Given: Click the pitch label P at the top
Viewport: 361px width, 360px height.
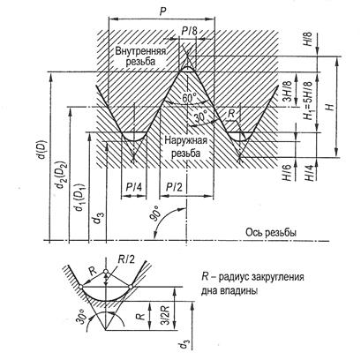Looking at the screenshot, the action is (162, 11).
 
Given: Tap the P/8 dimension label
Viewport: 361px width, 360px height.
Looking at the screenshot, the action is (189, 32).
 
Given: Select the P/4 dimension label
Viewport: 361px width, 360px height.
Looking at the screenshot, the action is (134, 187).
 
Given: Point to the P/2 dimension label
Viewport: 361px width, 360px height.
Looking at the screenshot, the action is (174, 187).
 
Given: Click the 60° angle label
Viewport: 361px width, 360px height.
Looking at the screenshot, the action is (189, 98).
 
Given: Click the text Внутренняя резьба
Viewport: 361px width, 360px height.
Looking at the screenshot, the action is (140, 56).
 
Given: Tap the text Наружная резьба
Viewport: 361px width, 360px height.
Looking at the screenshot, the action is (185, 146).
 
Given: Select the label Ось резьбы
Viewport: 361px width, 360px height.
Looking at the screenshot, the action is (271, 232).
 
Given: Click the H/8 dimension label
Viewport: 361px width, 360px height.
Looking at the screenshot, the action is (309, 39).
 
